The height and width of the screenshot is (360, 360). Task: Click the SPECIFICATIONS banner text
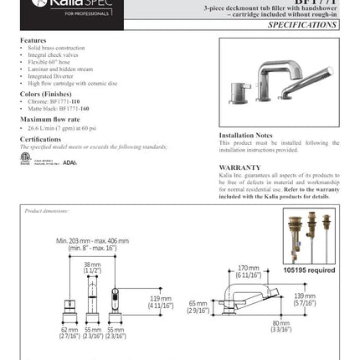pos(302,25)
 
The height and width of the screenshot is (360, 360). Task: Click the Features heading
pos(33,39)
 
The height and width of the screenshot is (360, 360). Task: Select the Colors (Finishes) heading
pos(42,95)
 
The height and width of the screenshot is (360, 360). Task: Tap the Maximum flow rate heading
pos(44,120)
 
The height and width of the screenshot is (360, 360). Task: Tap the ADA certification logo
pos(69,162)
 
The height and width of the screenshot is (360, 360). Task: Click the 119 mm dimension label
pos(161,300)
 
